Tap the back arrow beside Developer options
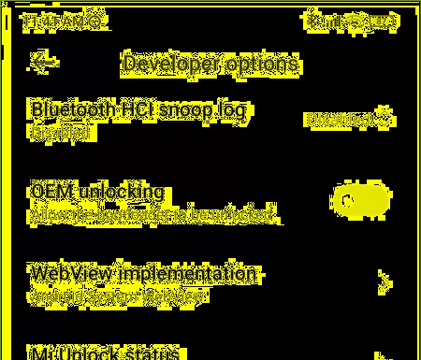pos(44,62)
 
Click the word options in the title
pos(264,64)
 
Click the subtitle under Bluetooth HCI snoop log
pos(61,133)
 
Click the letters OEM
pos(51,192)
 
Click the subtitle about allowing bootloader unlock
pos(154,215)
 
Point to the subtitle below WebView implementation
pos(117,296)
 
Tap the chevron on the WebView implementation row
pos(383,281)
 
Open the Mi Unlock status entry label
pos(105,353)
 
